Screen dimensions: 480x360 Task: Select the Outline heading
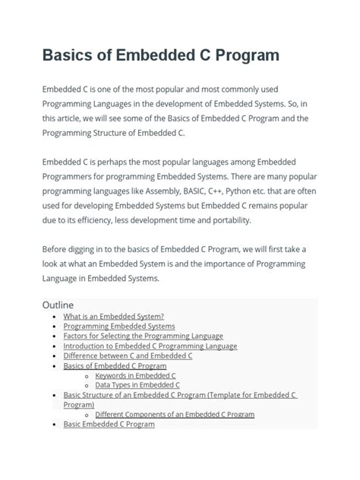coord(58,305)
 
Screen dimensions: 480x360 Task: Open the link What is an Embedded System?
coord(113,316)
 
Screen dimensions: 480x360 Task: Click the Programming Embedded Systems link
coord(118,326)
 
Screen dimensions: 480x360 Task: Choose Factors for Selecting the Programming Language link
coord(143,336)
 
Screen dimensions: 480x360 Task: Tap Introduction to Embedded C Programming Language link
coord(150,346)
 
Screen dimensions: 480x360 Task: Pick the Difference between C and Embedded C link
coord(128,355)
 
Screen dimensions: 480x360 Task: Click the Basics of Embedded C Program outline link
coord(115,365)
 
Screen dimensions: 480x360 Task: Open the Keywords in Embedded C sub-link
coord(135,375)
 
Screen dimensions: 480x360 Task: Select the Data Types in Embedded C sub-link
coord(137,385)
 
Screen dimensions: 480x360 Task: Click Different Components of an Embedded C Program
coord(175,415)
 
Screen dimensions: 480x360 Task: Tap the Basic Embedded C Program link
coord(109,425)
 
